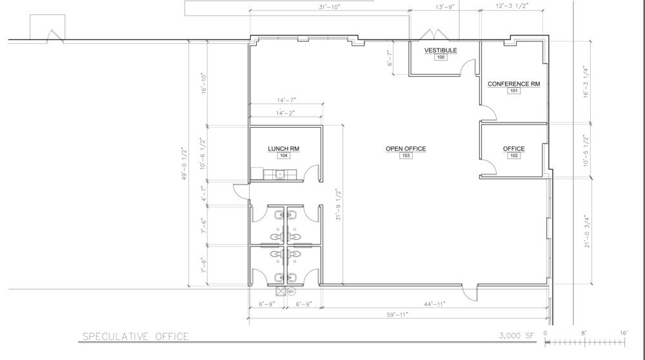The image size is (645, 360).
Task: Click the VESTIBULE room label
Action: tap(441, 50)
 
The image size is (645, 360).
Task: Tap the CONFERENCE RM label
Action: tap(514, 84)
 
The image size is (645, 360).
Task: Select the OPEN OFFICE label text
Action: tap(406, 148)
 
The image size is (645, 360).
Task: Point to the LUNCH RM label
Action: tap(283, 148)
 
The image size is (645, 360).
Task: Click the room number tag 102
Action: tap(514, 155)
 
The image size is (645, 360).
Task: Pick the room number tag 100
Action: tap(441, 57)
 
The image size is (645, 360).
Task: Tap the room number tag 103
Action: tap(406, 155)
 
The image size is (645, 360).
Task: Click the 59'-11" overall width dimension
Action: tap(397, 315)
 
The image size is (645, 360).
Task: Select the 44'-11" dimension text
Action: tap(435, 304)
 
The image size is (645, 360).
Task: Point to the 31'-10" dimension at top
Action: tap(330, 6)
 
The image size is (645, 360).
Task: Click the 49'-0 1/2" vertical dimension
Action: tap(184, 163)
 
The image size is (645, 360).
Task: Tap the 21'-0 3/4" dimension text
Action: tap(587, 232)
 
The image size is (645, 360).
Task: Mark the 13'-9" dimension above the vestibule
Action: tap(445, 6)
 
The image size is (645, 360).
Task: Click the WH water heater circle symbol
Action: tap(292, 292)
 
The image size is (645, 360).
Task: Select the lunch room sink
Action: tap(280, 174)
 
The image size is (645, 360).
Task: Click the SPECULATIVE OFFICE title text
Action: tap(135, 337)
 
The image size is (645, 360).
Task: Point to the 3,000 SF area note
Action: tap(517, 335)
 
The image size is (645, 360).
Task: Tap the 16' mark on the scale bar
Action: tap(624, 333)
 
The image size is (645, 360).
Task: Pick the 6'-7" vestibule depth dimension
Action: tap(390, 58)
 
